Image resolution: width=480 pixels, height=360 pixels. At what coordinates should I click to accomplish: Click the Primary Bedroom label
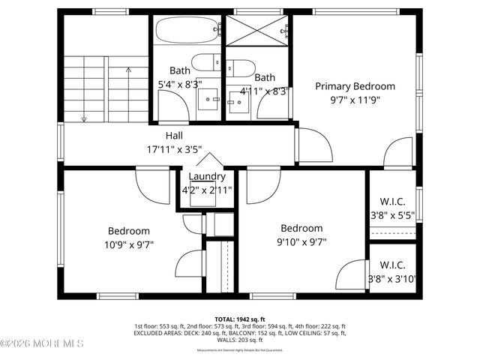point(355,86)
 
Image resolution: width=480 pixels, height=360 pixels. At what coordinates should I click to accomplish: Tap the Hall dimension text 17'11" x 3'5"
point(174,149)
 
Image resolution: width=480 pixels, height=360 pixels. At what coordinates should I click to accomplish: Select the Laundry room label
point(207,176)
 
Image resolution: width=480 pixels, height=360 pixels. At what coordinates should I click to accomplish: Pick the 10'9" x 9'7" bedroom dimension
point(130,244)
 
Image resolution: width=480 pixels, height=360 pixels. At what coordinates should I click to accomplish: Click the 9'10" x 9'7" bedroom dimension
point(301,241)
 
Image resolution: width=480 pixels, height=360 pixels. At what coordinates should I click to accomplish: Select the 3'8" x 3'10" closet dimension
point(393,279)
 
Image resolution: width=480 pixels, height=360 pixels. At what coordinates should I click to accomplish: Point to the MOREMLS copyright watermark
point(43,343)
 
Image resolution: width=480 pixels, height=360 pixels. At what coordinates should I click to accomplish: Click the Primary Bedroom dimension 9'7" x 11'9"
point(355,99)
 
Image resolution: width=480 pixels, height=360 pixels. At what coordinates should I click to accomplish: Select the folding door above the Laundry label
point(208,160)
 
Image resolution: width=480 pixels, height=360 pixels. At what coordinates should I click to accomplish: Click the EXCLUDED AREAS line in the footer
point(240,333)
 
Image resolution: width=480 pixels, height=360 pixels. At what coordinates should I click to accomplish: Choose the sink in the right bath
point(241,100)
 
